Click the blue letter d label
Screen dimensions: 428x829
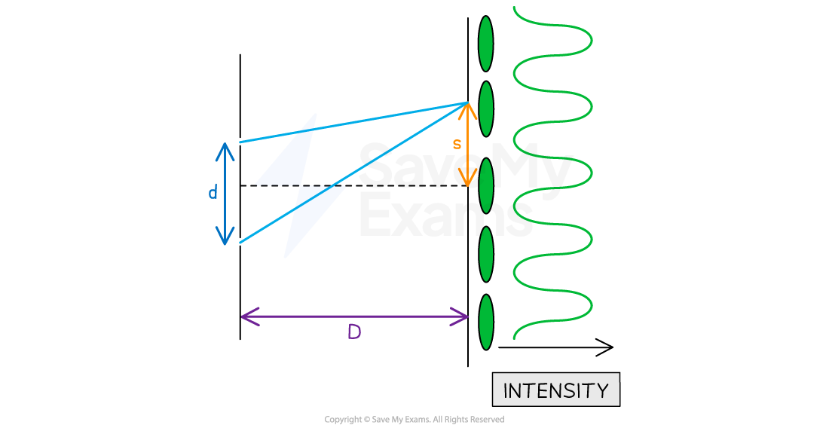tap(213, 194)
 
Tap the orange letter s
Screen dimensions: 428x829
tap(457, 144)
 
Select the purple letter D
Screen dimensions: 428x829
tap(354, 332)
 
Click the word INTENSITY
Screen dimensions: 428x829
tap(555, 390)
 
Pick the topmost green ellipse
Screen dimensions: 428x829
tap(486, 44)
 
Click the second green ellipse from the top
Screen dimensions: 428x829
tap(486, 109)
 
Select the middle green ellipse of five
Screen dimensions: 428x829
tap(486, 185)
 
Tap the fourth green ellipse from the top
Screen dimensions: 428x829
tap(486, 254)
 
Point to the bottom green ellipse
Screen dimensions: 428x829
tap(486, 322)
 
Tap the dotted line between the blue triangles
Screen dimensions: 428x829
tap(300, 185)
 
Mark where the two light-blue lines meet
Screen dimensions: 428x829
tap(467, 102)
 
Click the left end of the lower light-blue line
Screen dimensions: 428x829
tap(240, 243)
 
